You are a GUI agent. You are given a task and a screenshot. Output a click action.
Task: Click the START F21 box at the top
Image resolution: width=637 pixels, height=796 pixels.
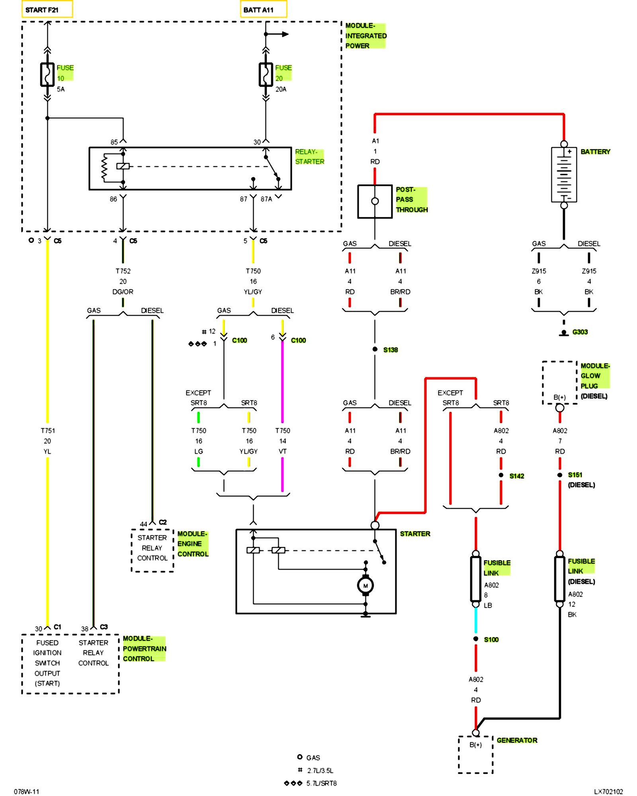click(x=47, y=9)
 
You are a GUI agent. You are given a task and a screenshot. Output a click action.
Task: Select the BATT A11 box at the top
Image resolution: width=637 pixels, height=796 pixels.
click(x=264, y=9)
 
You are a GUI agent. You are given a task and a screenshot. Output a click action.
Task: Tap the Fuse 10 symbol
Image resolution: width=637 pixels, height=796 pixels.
click(x=47, y=74)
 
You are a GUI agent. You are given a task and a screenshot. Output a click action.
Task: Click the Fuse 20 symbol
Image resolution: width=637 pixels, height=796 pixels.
click(x=266, y=74)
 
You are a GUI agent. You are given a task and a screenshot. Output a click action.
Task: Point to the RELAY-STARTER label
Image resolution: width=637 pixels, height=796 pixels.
click(x=310, y=157)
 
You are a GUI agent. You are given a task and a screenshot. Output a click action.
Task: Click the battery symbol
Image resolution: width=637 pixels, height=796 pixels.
click(x=564, y=174)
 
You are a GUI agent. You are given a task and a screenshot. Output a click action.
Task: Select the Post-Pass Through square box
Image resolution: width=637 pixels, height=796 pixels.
click(x=375, y=201)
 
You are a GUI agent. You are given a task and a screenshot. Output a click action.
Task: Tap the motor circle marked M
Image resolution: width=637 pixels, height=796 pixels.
click(x=365, y=585)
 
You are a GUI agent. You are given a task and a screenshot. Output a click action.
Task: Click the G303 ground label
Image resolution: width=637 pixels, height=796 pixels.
click(x=580, y=332)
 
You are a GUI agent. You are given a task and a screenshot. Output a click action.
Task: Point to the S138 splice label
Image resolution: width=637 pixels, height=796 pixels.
click(x=391, y=350)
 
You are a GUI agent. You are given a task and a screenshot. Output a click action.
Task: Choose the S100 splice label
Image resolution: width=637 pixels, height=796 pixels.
click(x=491, y=640)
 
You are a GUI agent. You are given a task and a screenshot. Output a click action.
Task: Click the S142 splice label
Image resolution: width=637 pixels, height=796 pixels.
click(x=517, y=476)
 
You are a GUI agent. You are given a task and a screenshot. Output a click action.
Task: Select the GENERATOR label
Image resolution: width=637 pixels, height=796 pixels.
click(x=517, y=740)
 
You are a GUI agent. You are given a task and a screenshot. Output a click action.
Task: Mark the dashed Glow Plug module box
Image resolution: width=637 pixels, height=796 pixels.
click(x=559, y=383)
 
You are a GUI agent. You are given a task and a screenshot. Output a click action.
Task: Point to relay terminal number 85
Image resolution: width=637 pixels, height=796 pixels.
click(x=114, y=142)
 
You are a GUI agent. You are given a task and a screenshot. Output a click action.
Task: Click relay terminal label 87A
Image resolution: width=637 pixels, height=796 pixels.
click(x=266, y=199)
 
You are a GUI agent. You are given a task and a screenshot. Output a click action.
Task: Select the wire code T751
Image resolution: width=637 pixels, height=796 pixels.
click(x=48, y=431)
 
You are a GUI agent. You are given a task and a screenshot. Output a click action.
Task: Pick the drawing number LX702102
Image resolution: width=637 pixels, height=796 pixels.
click(x=608, y=792)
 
